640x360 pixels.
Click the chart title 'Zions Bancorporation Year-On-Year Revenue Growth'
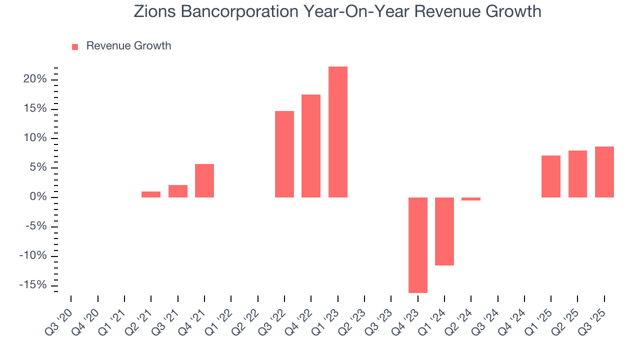pyautogui.click(x=337, y=11)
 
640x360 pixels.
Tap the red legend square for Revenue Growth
pyautogui.click(x=75, y=46)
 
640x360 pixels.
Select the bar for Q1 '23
pyautogui.click(x=337, y=132)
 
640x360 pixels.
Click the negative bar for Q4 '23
pyautogui.click(x=417, y=245)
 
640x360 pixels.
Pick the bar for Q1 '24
pyautogui.click(x=444, y=231)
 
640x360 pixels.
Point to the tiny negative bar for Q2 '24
pyautogui.click(x=471, y=199)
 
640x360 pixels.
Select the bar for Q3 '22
pyautogui.click(x=284, y=154)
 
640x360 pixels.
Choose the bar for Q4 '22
pyautogui.click(x=311, y=146)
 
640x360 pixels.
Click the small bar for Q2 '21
pyautogui.click(x=151, y=194)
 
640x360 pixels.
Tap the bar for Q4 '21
pyautogui.click(x=204, y=180)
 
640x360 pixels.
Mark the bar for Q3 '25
pyautogui.click(x=604, y=172)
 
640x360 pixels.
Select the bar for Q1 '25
pyautogui.click(x=550, y=176)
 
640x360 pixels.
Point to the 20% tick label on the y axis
pyautogui.click(x=35, y=79)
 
